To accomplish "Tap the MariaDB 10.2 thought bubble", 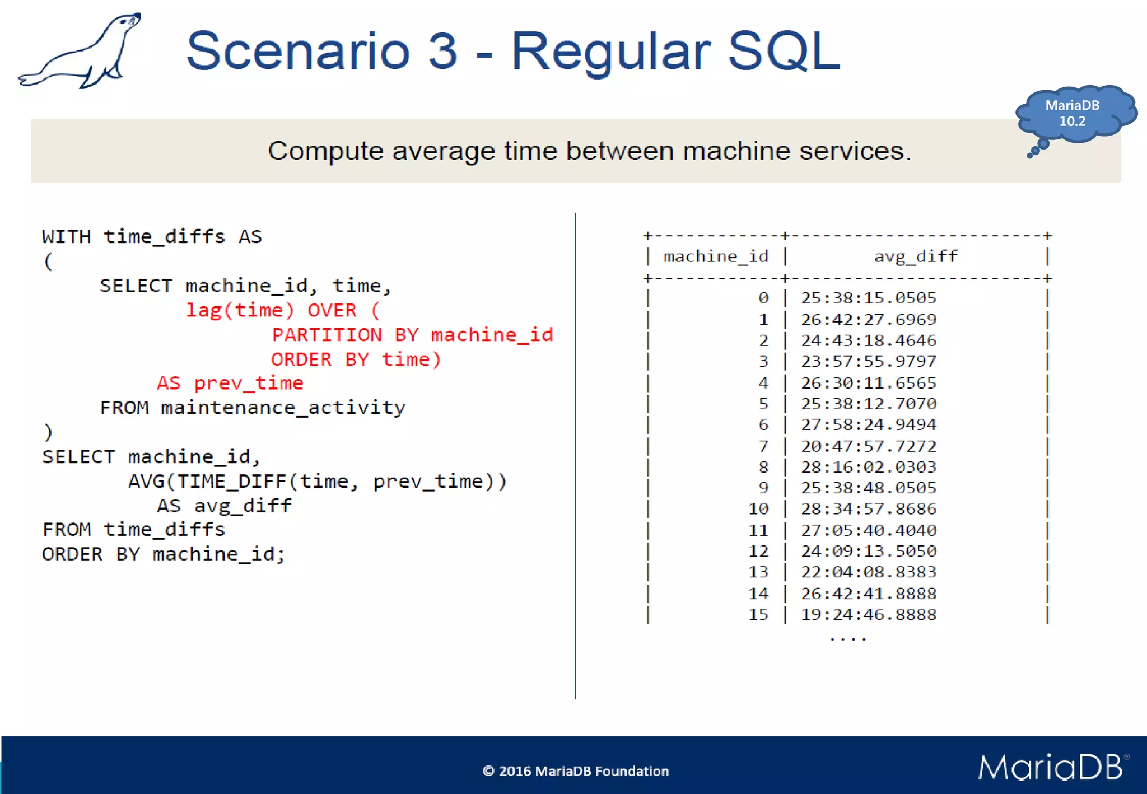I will (x=1073, y=114).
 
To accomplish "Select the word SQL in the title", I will (x=784, y=51).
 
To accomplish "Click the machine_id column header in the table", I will (x=716, y=256).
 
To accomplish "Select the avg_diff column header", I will (x=916, y=256).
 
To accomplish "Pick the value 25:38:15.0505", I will (x=868, y=298).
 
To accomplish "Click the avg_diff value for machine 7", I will (x=868, y=446).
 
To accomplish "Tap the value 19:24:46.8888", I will (x=868, y=615).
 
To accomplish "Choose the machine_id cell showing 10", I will (x=758, y=509).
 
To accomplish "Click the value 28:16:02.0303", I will (x=868, y=467).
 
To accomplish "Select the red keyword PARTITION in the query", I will (x=327, y=335).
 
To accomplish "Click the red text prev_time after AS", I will (x=248, y=384).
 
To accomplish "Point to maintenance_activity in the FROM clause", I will (x=283, y=408).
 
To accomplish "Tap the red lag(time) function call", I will (x=240, y=310).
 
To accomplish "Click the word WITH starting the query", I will (x=66, y=237).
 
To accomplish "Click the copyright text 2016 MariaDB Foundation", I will (x=576, y=771).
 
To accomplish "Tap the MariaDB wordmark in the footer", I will (x=1051, y=767).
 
